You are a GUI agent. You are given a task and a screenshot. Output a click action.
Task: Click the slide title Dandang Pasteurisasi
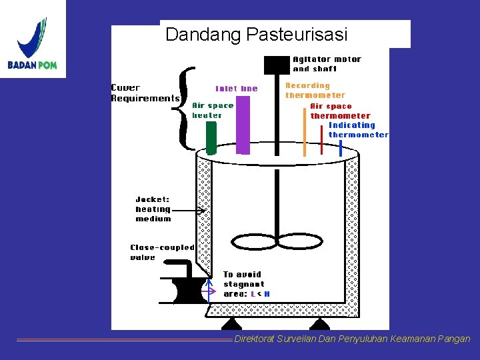coord(257,34)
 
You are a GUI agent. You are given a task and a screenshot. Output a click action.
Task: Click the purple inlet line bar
coord(243,125)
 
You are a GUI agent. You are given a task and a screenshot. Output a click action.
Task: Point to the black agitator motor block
coord(277,65)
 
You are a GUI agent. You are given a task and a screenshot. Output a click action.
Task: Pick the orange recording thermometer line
coord(305,130)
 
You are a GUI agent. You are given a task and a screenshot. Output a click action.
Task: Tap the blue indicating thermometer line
coord(340,147)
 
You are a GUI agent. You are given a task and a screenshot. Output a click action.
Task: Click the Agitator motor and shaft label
coord(327,64)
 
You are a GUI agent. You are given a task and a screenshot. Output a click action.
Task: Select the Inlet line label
coord(236,89)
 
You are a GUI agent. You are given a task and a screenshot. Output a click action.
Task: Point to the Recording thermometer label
coord(315,90)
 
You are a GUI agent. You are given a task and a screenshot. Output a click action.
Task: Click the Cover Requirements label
coord(144,93)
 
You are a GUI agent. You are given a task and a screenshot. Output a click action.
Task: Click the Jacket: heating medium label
coord(153,209)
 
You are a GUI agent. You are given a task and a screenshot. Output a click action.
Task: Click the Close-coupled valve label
coord(162,252)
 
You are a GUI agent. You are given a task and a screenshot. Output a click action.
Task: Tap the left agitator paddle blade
coord(253,241)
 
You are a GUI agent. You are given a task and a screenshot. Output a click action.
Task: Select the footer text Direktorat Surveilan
coord(351,339)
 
